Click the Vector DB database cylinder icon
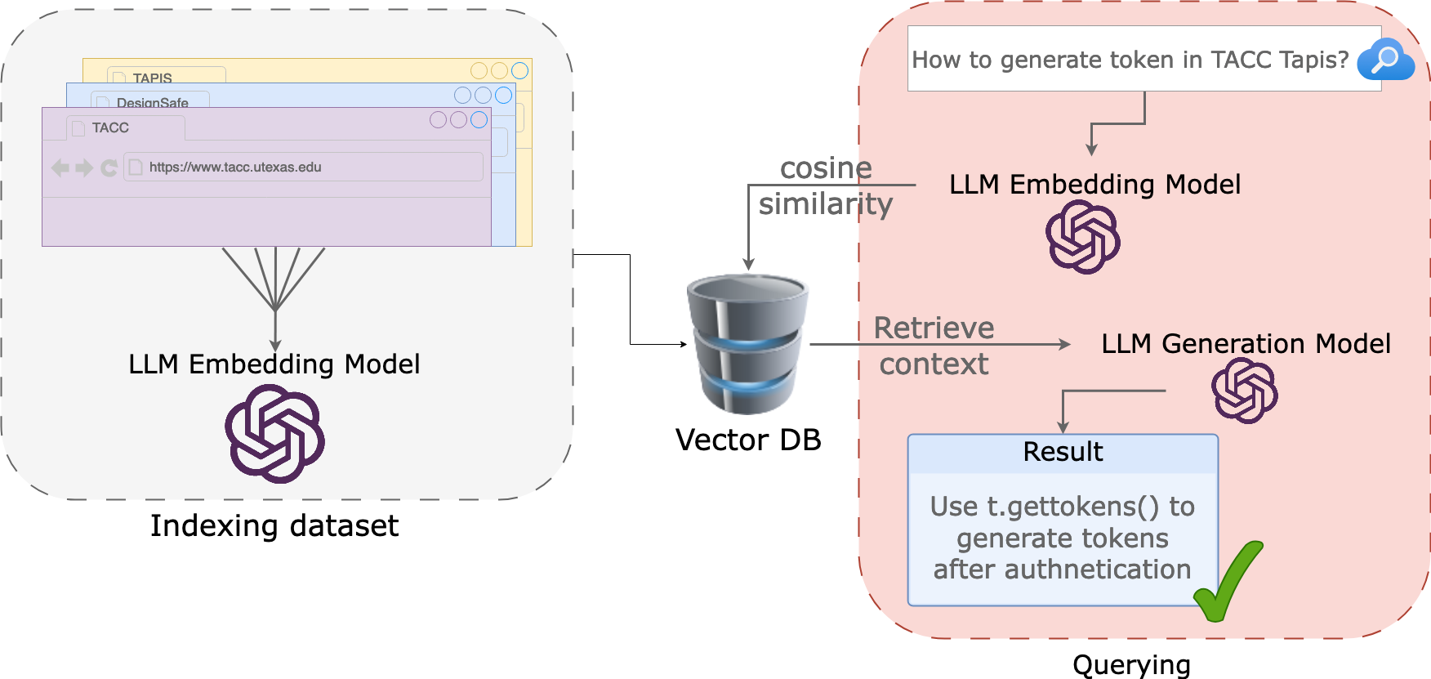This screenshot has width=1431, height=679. pos(747,344)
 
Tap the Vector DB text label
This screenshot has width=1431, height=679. pos(747,440)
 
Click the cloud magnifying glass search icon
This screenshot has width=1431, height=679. pos(1385,60)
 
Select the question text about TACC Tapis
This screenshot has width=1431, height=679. pos(1130,60)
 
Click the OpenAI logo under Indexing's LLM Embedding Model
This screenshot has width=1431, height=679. pos(274,434)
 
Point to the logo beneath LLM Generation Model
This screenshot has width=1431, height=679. pos(1244,391)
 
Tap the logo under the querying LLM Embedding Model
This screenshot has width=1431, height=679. pos(1082,237)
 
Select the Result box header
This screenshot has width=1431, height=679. pos(1063,453)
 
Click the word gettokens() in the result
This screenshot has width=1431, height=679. pos(1072,507)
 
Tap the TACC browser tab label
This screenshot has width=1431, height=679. pos(110,128)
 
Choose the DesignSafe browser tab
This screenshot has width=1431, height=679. pos(152,102)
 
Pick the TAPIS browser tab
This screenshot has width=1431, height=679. pos(152,78)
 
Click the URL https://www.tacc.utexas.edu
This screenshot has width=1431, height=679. pos(235,168)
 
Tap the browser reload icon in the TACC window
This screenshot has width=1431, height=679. pos(109,168)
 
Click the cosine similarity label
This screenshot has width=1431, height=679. pos(825,186)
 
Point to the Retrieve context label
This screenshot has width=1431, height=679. pos(934,346)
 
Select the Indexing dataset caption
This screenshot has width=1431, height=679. pos(274,525)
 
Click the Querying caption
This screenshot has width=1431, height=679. pos(1131,665)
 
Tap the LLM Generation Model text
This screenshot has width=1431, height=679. pos(1245,344)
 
